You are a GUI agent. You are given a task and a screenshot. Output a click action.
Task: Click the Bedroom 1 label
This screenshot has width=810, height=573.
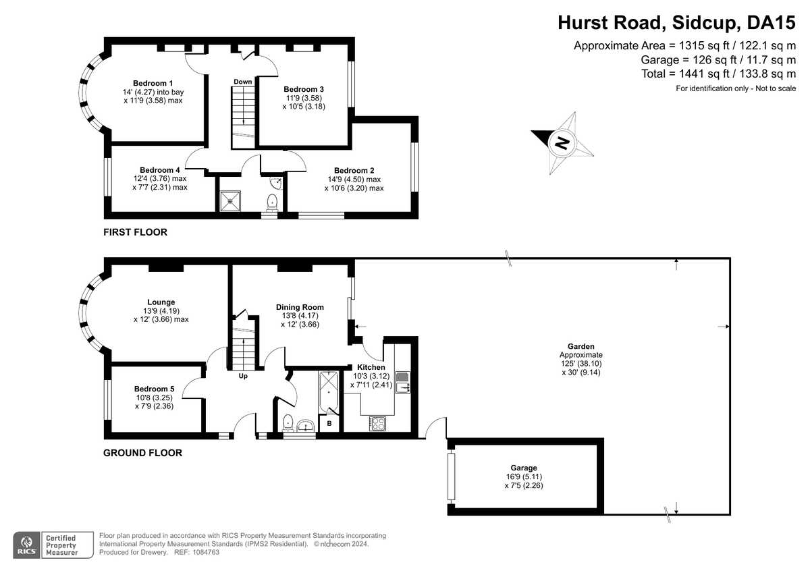point(153,83)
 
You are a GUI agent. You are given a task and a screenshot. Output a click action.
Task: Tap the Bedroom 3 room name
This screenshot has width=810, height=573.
point(303,89)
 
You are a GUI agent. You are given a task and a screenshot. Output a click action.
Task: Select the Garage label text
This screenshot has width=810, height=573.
point(524,468)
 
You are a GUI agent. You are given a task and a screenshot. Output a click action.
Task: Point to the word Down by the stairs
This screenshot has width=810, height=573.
point(242,82)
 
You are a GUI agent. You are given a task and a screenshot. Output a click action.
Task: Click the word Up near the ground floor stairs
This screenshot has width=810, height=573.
point(243,376)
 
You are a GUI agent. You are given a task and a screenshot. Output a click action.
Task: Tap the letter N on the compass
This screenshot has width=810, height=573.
point(562,143)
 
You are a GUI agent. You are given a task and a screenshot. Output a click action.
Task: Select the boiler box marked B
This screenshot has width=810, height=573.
point(329,423)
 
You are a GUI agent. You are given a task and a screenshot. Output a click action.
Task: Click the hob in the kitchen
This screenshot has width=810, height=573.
point(377,424)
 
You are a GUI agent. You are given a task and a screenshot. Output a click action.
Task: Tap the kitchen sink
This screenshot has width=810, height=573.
point(402,383)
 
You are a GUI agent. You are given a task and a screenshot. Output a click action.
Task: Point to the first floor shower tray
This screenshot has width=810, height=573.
point(230,201)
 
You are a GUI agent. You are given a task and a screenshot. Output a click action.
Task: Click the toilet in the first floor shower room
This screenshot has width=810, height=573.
point(271,202)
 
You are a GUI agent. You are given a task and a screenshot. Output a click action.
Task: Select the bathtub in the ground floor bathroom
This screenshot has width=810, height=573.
point(329,392)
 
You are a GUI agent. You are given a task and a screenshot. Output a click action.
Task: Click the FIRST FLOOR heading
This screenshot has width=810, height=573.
point(135,232)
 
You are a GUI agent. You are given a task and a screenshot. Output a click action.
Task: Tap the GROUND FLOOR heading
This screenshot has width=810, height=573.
point(143,453)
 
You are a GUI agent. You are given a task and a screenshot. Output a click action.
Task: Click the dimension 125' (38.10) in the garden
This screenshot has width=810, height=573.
point(581,364)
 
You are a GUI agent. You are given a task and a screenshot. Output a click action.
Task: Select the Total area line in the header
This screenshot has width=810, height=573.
point(718,74)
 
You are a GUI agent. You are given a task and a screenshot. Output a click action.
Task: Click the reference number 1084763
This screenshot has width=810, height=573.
point(206,552)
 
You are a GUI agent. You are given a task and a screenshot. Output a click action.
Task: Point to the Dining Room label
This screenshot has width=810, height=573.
point(300,307)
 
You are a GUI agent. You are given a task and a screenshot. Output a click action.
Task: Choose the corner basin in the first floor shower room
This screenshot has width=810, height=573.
point(277,183)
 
